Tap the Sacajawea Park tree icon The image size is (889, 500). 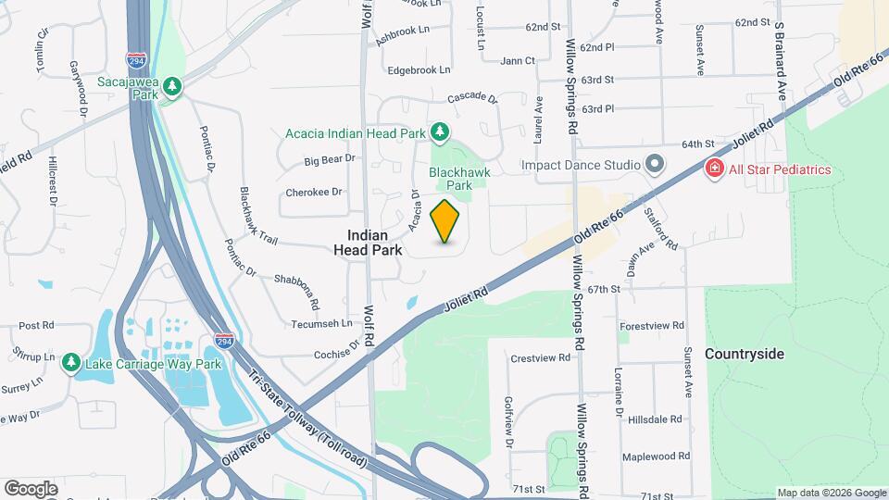[x=172, y=87]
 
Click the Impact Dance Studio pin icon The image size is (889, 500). [x=655, y=165]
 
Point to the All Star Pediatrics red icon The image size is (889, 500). [x=714, y=169]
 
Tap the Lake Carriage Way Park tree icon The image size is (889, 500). [x=71, y=364]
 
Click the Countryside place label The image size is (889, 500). [x=745, y=354]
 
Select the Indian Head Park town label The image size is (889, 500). [x=375, y=243]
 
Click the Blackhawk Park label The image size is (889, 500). [x=459, y=178]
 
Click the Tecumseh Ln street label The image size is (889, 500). [x=320, y=323]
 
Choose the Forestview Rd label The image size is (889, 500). [x=652, y=326]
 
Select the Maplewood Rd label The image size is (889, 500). [x=656, y=456]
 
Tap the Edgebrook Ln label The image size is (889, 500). [x=419, y=69]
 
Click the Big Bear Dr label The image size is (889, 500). [x=330, y=160]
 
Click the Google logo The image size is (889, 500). [x=31, y=488]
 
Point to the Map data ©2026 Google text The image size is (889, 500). [x=831, y=493]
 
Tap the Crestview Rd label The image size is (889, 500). [x=538, y=357]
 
